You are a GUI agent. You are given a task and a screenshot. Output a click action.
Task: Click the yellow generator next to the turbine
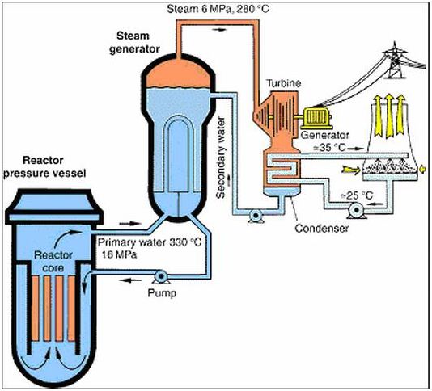[316, 118]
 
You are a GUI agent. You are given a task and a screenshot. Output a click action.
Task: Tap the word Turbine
[283, 83]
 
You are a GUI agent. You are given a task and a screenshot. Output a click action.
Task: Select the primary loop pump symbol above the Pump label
[161, 276]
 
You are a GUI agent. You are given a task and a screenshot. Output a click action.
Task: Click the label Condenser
[322, 228]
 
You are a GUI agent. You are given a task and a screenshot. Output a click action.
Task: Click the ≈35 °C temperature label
[329, 148]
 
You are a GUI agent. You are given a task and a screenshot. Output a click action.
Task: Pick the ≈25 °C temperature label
[357, 195]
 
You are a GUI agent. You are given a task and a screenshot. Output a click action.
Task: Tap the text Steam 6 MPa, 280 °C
[218, 9]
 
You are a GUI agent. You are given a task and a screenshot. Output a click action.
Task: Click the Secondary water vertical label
[221, 158]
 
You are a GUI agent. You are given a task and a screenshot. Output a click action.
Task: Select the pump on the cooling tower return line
[357, 210]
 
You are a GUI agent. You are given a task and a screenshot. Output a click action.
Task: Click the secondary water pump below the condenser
[256, 215]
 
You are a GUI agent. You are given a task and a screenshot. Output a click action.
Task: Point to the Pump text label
[162, 293]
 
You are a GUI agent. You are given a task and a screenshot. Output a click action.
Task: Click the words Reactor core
[53, 261]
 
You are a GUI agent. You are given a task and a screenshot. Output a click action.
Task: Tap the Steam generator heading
[134, 42]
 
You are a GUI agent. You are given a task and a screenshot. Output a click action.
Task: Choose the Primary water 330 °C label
[150, 242]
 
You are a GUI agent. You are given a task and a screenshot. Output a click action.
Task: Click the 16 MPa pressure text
[119, 254]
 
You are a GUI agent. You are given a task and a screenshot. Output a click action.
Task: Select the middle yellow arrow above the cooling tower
[389, 116]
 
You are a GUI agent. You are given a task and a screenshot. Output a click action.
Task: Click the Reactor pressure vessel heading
[44, 166]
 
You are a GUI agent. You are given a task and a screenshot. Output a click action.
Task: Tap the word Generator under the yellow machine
[325, 135]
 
